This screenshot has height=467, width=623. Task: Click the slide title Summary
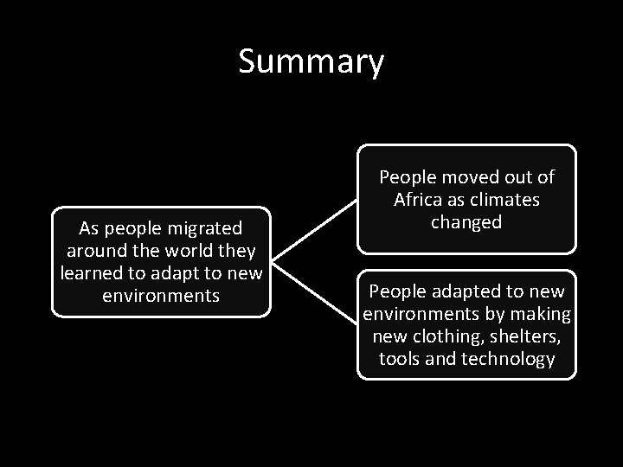(x=311, y=62)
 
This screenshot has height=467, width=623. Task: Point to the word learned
(x=93, y=274)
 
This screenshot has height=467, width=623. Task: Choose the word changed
(x=466, y=222)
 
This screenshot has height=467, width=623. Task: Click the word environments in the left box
(x=161, y=297)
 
